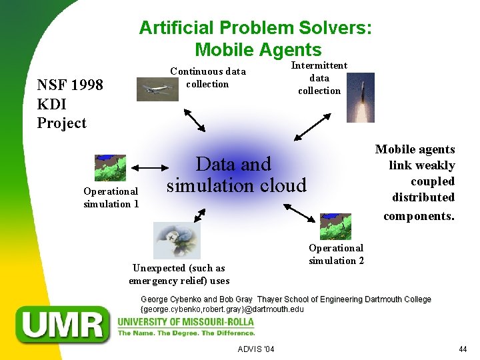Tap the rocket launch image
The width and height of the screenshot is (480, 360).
(x=361, y=97)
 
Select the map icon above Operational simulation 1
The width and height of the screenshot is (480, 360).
(x=111, y=168)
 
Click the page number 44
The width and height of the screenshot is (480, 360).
(x=463, y=349)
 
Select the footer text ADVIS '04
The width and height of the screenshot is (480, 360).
(x=256, y=349)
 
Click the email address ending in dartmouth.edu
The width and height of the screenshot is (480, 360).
(x=222, y=309)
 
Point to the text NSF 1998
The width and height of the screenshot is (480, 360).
(x=70, y=85)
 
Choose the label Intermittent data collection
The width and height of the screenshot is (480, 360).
(x=319, y=78)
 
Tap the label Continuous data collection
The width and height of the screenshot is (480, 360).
(x=207, y=77)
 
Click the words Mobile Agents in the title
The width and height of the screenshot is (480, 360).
(x=258, y=49)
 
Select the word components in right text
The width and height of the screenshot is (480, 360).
(x=418, y=216)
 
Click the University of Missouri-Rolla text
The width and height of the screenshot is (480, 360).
(x=185, y=322)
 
